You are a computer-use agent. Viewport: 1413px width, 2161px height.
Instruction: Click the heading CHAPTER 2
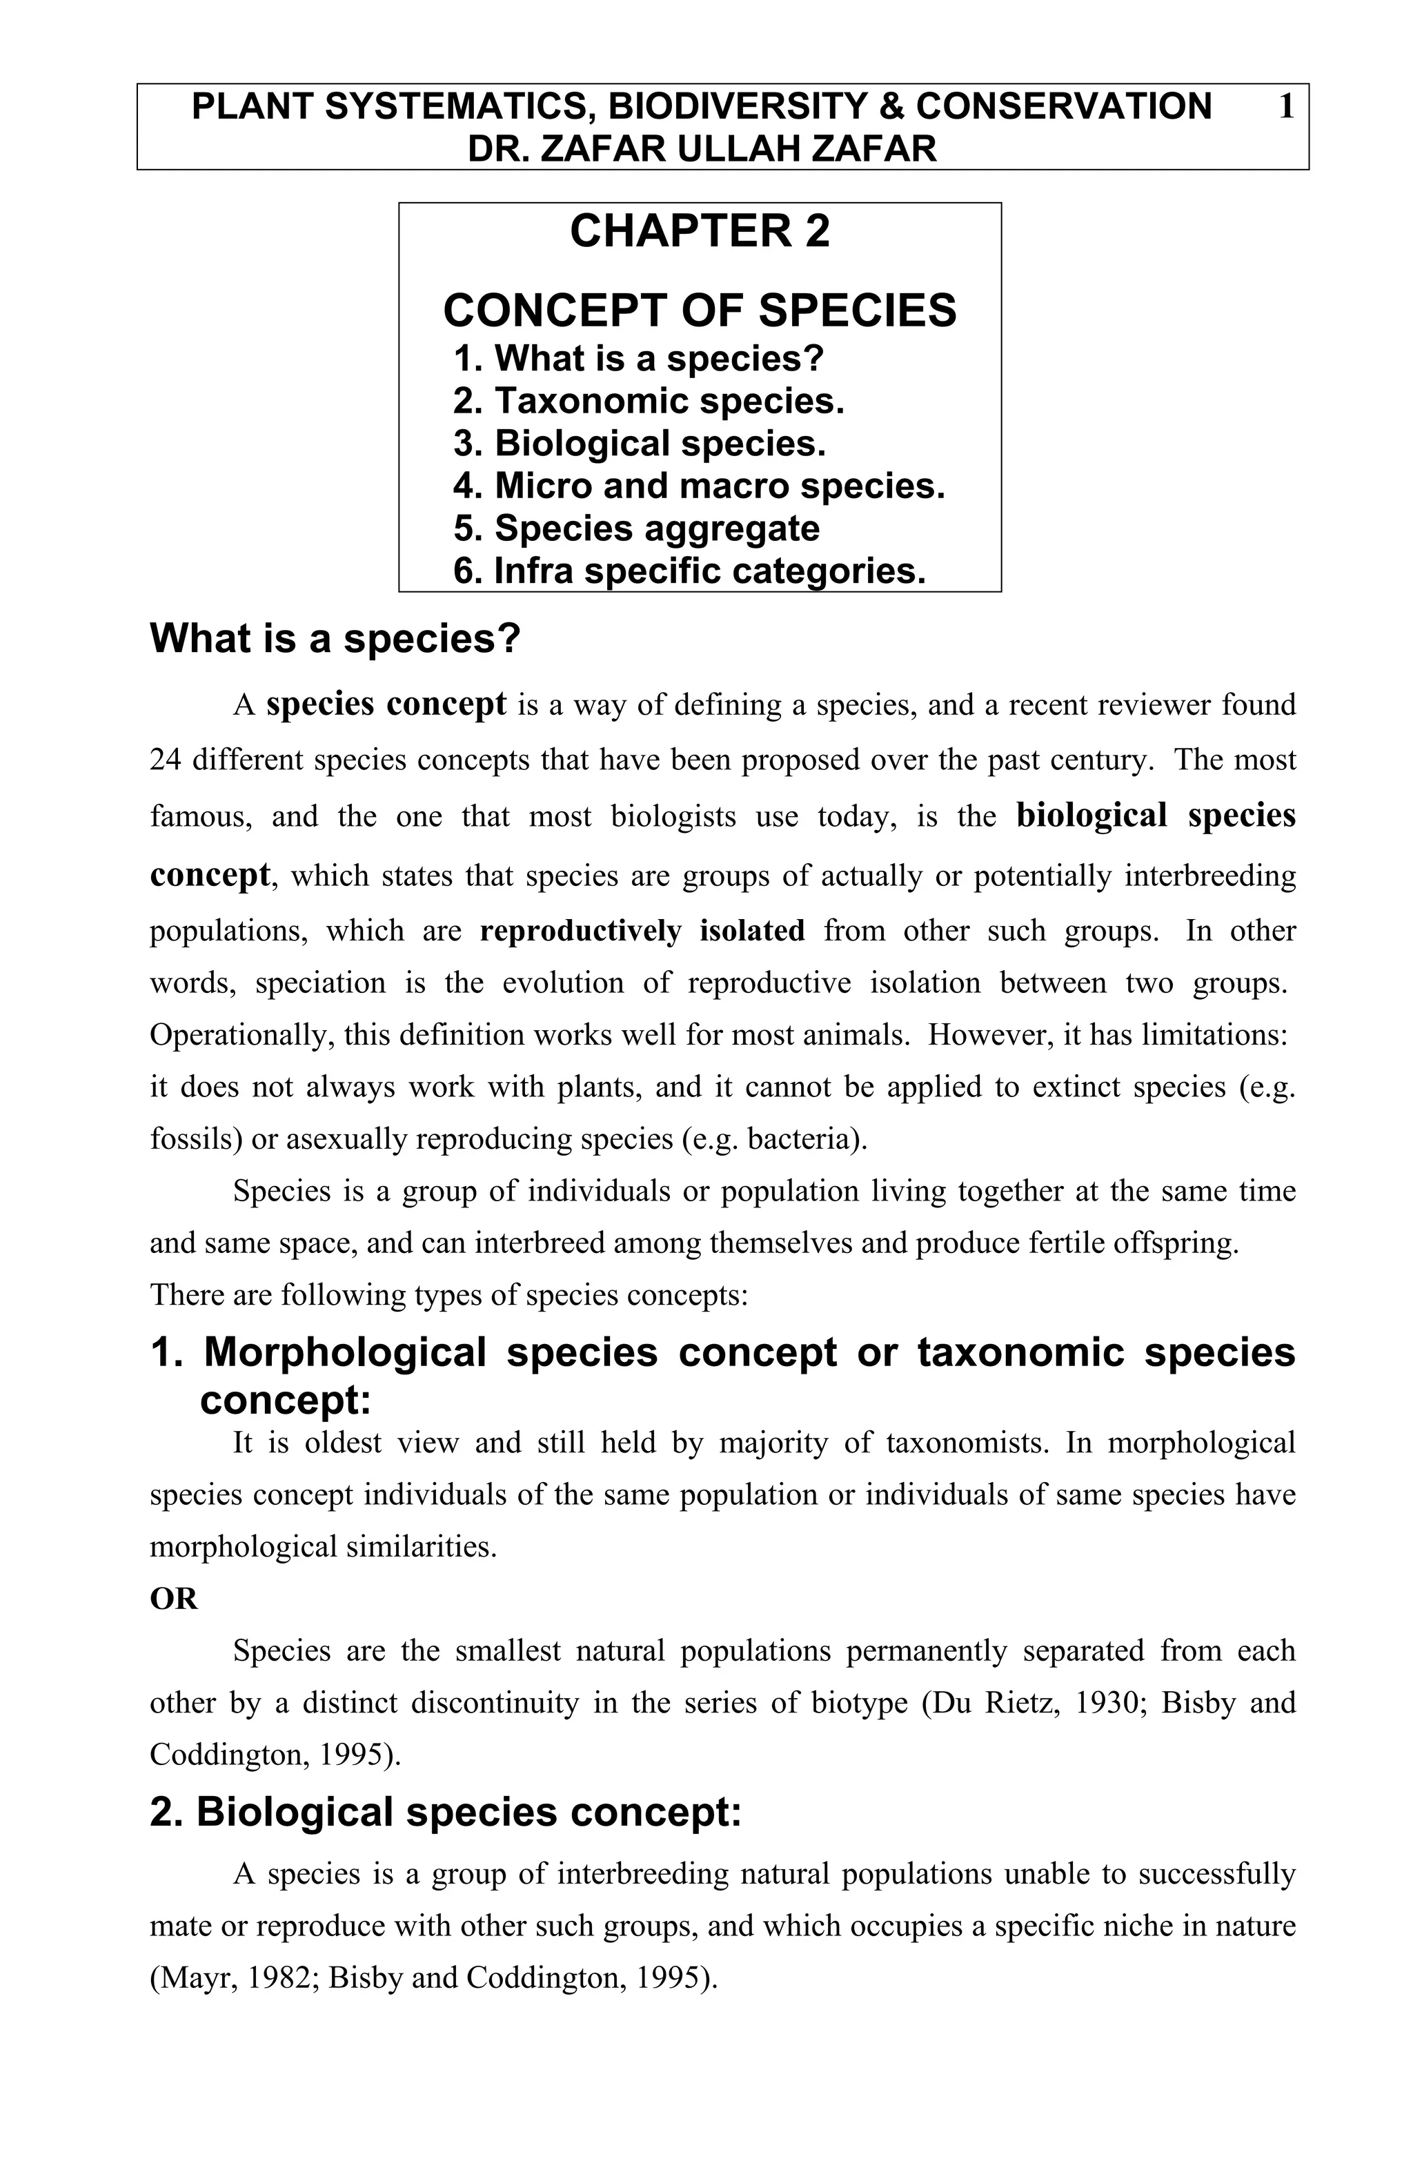click(699, 230)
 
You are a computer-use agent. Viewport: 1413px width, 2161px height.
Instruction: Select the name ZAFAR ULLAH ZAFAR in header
click(738, 148)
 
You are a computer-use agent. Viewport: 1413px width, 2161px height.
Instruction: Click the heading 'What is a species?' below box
click(335, 638)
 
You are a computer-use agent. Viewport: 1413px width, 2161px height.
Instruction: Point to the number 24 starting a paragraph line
click(166, 760)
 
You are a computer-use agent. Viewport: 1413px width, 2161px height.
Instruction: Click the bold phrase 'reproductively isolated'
click(642, 931)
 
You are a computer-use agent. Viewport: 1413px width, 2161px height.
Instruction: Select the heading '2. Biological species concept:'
click(445, 1813)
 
